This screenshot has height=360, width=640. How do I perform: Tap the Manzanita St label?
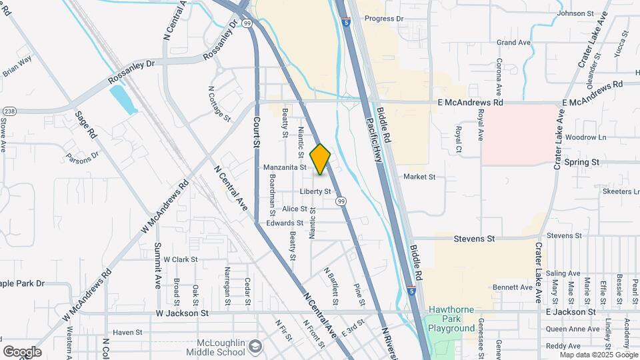[285, 167]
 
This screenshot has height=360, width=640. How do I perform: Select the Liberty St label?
[315, 191]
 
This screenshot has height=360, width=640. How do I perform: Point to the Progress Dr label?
[385, 19]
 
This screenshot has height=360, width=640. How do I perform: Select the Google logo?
[22, 352]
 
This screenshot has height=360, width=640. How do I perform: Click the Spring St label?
[581, 162]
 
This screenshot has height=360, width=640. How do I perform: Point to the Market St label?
[419, 177]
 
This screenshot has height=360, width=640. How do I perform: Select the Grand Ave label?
[513, 43]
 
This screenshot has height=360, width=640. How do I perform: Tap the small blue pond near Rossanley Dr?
[122, 100]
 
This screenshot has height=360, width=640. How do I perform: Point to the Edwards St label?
[285, 223]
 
